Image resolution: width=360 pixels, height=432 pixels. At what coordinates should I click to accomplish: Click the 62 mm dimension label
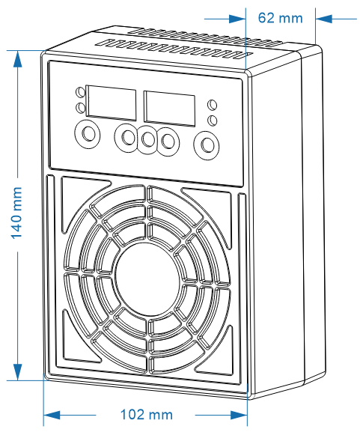pyautogui.click(x=280, y=18)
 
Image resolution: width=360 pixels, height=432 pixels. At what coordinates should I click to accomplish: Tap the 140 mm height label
pyautogui.click(x=16, y=213)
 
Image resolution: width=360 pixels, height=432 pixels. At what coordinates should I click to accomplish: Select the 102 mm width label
pyautogui.click(x=146, y=414)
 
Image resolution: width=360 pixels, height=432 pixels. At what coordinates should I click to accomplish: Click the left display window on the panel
pyautogui.click(x=111, y=103)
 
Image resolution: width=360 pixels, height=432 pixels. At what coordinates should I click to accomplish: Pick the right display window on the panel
pyautogui.click(x=170, y=109)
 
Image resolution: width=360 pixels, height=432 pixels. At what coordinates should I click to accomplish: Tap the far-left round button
pyautogui.click(x=88, y=135)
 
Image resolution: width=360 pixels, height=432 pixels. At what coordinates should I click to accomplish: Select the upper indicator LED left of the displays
pyautogui.click(x=80, y=92)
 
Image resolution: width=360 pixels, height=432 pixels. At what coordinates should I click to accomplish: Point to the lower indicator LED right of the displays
pyautogui.click(x=212, y=121)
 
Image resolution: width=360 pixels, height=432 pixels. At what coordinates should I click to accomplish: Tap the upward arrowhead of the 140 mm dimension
pyautogui.click(x=18, y=58)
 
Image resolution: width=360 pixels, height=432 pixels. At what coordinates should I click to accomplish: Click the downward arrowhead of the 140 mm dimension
pyautogui.click(x=18, y=372)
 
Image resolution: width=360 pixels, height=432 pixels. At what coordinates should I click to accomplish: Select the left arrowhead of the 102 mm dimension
pyautogui.click(x=52, y=415)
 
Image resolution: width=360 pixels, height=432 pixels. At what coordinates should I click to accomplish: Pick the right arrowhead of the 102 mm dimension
pyautogui.click(x=239, y=415)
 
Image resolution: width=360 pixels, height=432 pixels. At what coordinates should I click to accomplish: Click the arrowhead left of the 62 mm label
pyautogui.click(x=237, y=19)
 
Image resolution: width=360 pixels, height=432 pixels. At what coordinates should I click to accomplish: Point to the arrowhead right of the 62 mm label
pyautogui.click(x=324, y=19)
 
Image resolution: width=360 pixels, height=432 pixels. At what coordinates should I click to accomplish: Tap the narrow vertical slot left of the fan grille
pyautogui.click(x=51, y=275)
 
